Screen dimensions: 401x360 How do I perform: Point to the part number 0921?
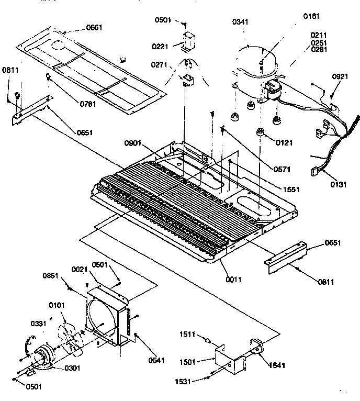coord(340,77)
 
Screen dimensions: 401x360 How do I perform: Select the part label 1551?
coord(291,188)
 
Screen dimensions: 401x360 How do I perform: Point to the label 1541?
coord(278,364)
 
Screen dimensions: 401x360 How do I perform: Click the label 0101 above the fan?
coord(55,305)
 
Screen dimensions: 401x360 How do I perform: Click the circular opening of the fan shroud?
coord(105,320)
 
